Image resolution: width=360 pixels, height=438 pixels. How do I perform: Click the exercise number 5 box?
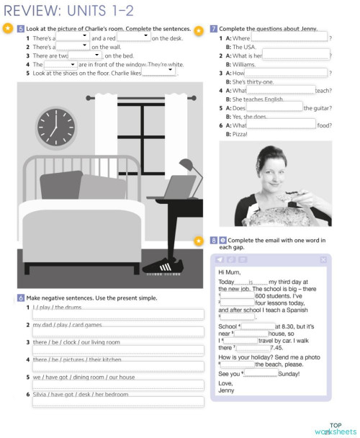point(20,28)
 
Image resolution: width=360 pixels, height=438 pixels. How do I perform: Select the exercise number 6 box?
point(20,298)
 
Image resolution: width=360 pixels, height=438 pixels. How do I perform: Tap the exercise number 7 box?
point(214,28)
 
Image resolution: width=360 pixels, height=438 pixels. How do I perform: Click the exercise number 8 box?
point(214,240)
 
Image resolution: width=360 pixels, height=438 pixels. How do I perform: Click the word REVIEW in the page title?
point(33,9)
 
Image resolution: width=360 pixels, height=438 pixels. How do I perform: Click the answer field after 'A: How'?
point(287,73)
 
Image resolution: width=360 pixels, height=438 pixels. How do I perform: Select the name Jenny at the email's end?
point(226,390)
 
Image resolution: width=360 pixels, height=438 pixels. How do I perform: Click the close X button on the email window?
point(323,259)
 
